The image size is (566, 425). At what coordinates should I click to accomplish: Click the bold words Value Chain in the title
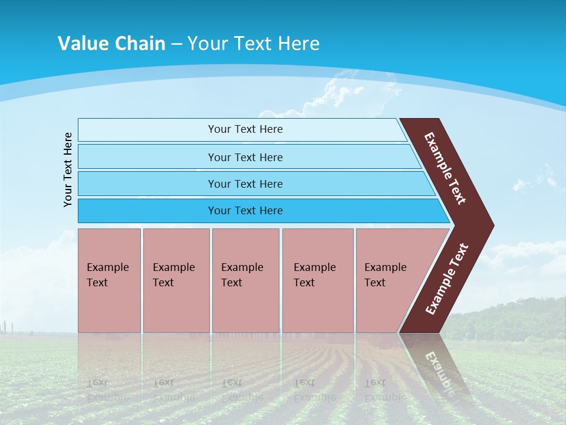point(111,44)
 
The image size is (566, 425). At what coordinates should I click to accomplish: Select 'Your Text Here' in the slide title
point(254,44)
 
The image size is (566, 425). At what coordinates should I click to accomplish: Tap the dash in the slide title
point(176,44)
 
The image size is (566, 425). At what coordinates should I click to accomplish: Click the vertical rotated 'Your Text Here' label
point(68,169)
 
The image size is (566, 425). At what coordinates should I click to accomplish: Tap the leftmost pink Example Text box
point(109,280)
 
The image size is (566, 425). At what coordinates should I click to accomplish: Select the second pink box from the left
point(176,280)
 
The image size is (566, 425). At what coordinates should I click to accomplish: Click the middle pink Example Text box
point(245,280)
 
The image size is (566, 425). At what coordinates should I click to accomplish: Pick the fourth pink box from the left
point(317,280)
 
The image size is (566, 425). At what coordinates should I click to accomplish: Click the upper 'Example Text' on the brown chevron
point(445,168)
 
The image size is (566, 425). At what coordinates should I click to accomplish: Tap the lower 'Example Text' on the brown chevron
point(447,279)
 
